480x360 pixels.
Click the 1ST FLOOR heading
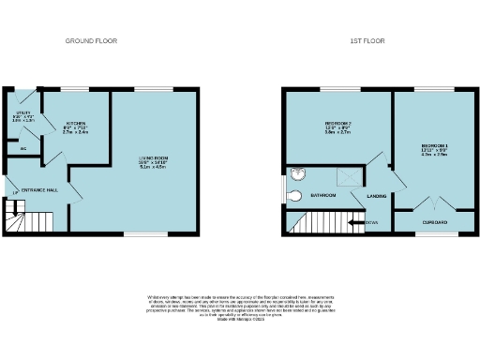tap(368, 41)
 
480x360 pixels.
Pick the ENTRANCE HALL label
tap(42, 188)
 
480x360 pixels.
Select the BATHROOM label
tap(323, 195)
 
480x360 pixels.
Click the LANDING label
tap(376, 195)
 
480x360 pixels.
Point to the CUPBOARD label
tap(434, 222)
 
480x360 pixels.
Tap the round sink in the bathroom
tap(297, 173)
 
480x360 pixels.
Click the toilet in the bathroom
tap(293, 195)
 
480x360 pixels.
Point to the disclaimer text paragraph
tap(240, 307)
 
